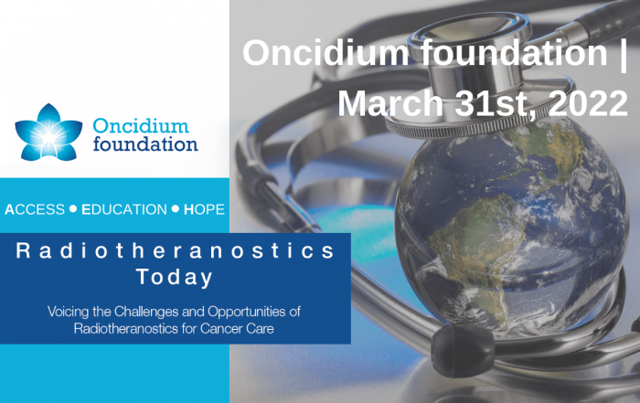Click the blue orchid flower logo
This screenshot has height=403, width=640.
tap(48, 133)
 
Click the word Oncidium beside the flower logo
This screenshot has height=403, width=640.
tap(141, 125)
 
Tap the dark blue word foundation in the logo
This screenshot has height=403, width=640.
tap(145, 144)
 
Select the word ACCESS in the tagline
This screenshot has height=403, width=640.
tap(35, 209)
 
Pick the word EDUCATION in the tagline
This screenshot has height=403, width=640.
tap(124, 209)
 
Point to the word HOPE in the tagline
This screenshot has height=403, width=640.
tap(204, 209)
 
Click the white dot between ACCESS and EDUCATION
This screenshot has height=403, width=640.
tap(73, 209)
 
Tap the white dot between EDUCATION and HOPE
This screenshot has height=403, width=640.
tap(176, 209)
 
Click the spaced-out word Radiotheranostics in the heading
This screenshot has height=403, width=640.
tap(176, 250)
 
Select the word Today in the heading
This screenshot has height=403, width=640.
tap(175, 278)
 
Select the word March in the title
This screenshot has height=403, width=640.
tap(390, 103)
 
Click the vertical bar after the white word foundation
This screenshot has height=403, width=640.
tap(623, 52)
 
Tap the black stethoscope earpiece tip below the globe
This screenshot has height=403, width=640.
tap(462, 350)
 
